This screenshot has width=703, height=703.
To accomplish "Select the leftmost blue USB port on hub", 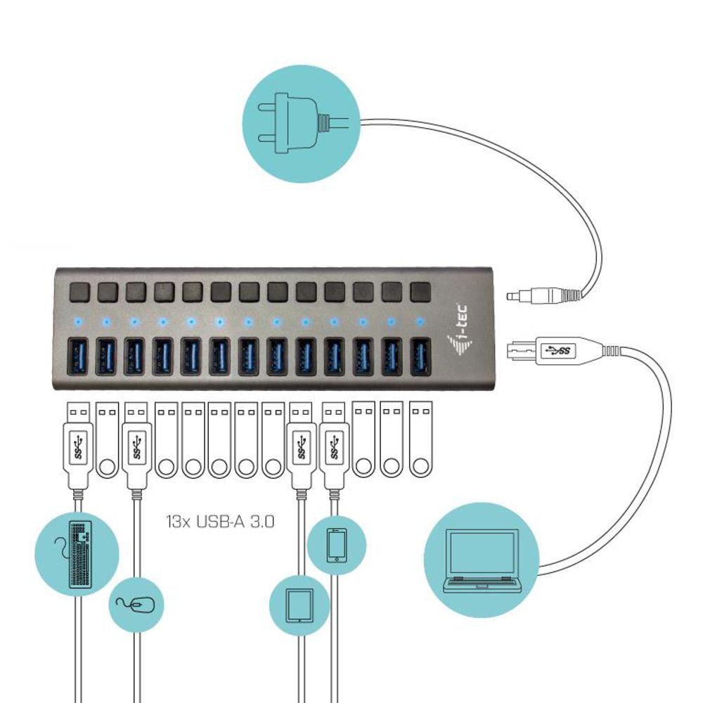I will pyautogui.click(x=77, y=356).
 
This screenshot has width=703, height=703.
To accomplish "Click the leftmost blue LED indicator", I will pyautogui.click(x=77, y=322).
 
